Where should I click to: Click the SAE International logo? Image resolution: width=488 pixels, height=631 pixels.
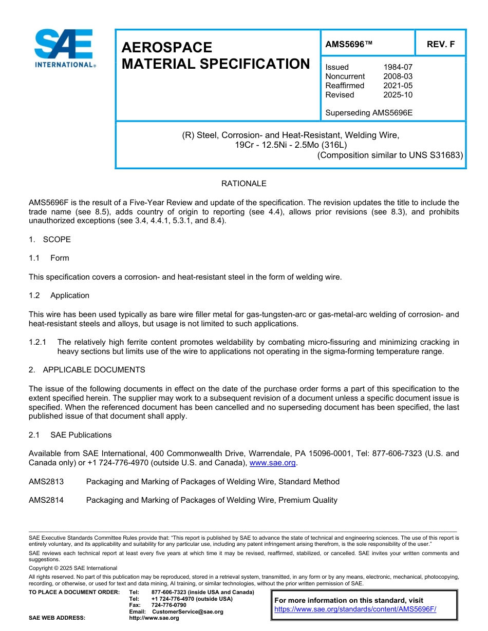coord(64,48)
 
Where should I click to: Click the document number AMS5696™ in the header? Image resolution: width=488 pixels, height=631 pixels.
coord(349,45)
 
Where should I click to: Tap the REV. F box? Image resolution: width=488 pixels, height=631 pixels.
coord(440,45)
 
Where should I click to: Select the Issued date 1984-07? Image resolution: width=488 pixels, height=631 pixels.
coord(398,67)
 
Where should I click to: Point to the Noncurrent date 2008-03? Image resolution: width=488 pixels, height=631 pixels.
coord(398,76)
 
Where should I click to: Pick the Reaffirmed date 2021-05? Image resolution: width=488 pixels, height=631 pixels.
coord(398,86)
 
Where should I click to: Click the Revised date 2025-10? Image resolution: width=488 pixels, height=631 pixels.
coord(398,95)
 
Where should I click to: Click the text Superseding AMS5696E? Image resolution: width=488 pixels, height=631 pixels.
coord(369,112)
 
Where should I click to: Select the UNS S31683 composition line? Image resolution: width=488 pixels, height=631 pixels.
coord(390,155)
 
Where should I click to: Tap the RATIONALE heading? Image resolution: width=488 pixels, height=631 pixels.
coord(243,184)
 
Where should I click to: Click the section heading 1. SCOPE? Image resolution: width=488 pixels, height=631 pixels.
coord(50,240)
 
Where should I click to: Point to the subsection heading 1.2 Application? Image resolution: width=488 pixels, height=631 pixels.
coord(59,295)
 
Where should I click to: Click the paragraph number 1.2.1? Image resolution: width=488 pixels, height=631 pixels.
coord(37,342)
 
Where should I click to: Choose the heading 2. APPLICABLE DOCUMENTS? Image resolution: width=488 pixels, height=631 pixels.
coord(87,370)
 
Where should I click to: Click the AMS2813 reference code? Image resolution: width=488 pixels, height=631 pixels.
coord(46,482)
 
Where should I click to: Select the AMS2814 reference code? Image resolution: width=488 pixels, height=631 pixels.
coord(46,500)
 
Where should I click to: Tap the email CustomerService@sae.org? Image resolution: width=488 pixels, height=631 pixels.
coord(187,612)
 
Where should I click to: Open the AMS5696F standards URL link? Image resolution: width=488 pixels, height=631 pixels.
coord(355,609)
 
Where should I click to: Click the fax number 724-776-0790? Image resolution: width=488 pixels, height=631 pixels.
coord(169,605)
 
